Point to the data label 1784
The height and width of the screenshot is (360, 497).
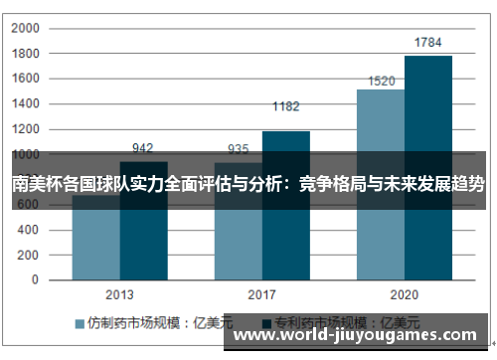point(428,42)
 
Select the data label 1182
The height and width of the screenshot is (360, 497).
point(286,106)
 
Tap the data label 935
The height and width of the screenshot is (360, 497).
point(239,149)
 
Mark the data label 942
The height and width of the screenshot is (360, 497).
point(143,148)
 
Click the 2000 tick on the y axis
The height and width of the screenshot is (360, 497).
point(26,28)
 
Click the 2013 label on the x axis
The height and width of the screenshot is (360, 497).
point(120,295)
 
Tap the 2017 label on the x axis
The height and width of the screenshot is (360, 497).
point(262,295)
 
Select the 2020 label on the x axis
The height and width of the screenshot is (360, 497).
point(405,295)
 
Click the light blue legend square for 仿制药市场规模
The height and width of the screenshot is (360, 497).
point(80,323)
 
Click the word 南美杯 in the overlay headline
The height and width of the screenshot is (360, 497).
point(35,183)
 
